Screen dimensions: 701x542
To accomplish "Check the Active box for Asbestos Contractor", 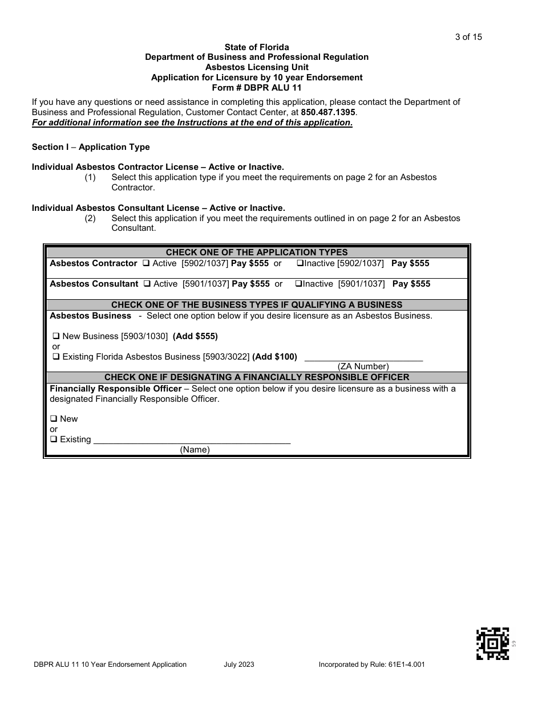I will point(146,264).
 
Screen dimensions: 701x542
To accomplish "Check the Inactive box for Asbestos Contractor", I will point(299,264).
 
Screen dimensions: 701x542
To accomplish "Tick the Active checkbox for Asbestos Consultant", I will point(147,284).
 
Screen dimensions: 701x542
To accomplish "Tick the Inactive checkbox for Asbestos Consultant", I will point(298,284).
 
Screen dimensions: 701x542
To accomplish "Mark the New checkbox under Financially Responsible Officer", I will point(54,419).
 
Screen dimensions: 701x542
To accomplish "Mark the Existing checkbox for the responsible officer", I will point(54,439).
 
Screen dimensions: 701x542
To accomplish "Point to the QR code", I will point(492,643).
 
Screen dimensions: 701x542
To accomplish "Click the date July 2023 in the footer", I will point(239,665).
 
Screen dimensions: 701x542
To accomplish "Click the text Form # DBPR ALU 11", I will point(256,88).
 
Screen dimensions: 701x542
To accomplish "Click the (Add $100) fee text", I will point(274,357).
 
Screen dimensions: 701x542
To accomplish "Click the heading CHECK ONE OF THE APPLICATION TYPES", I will point(257,252).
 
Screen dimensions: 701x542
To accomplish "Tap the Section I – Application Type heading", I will point(91,147).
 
